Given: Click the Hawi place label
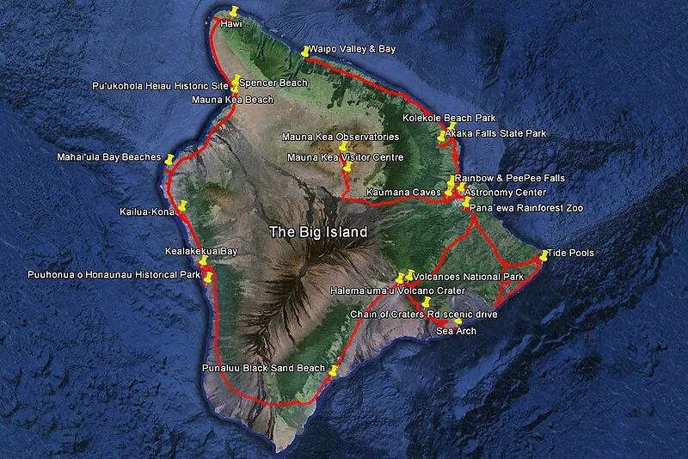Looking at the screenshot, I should pyautogui.click(x=230, y=24).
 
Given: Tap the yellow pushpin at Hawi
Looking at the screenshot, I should pyautogui.click(x=233, y=11).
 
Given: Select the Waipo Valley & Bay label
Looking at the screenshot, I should pyautogui.click(x=352, y=50).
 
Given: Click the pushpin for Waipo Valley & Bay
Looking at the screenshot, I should pyautogui.click(x=305, y=51).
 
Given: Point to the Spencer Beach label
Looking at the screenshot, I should pyautogui.click(x=273, y=83).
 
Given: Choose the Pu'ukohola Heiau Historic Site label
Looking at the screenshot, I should pyautogui.click(x=161, y=87).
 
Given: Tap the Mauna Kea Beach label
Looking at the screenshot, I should pyautogui.click(x=232, y=100).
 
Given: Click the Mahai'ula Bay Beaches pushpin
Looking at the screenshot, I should pyautogui.click(x=170, y=159).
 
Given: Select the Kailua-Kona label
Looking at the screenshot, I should pyautogui.click(x=147, y=211).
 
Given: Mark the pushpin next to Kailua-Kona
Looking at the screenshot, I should pyautogui.click(x=182, y=205).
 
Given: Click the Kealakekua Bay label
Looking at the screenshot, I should pyautogui.click(x=201, y=252).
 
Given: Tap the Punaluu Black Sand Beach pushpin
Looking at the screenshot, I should pyautogui.click(x=334, y=370).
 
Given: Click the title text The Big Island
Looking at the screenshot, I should pyautogui.click(x=318, y=232).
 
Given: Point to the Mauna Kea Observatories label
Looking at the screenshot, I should pyautogui.click(x=341, y=137).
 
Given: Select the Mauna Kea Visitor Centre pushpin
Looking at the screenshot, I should pyautogui.click(x=347, y=167).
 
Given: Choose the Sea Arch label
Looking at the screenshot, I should pyautogui.click(x=454, y=330).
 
